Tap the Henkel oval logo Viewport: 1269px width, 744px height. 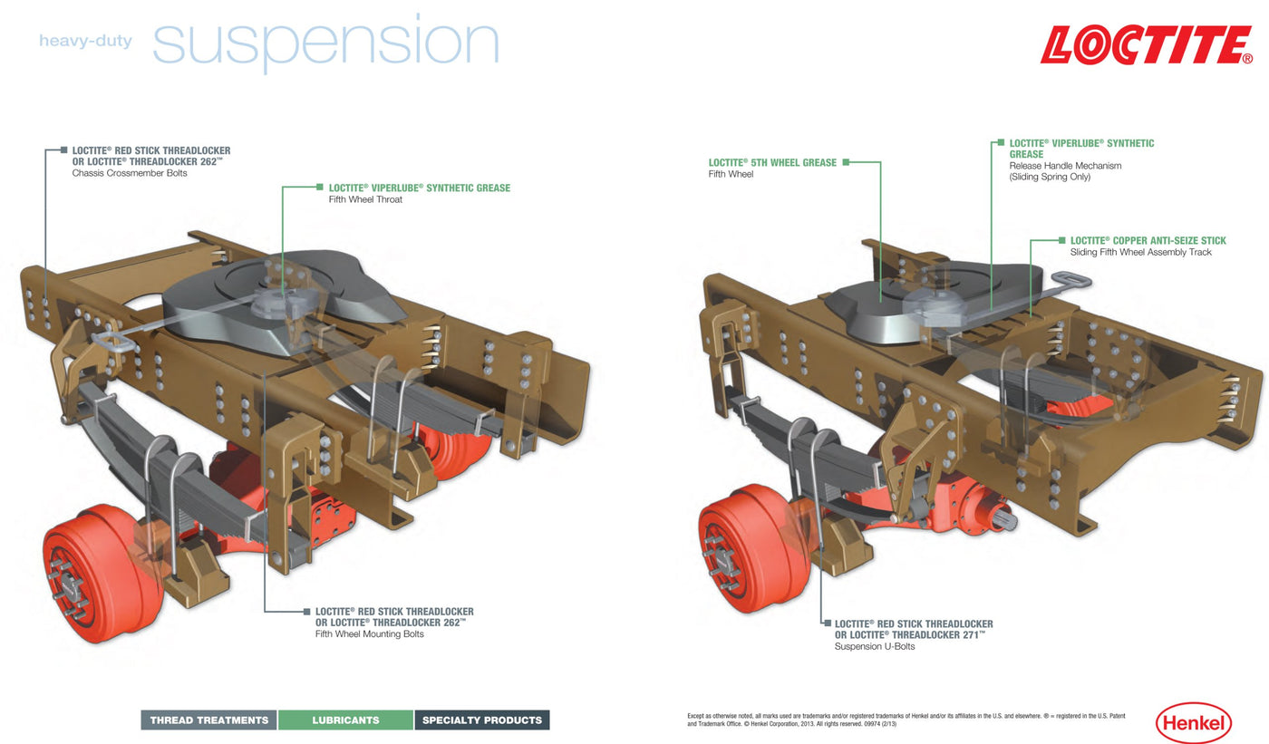click(x=1193, y=722)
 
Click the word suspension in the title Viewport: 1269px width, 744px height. click(x=326, y=43)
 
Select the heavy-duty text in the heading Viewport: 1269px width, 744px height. click(x=85, y=41)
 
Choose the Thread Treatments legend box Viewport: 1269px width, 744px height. click(x=209, y=720)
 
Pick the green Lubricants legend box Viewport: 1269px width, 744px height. click(x=345, y=720)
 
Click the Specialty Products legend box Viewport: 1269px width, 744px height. click(x=482, y=720)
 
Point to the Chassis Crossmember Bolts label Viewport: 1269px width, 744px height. click(x=130, y=173)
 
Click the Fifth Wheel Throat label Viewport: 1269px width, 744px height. click(x=365, y=199)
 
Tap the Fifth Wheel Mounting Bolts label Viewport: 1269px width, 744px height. click(x=369, y=634)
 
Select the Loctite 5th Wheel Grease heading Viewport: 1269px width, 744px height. click(x=772, y=163)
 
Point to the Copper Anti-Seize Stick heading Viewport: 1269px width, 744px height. click(x=1148, y=241)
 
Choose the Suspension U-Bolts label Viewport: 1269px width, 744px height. click(x=875, y=647)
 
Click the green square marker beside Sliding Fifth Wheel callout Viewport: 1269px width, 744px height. click(x=1061, y=241)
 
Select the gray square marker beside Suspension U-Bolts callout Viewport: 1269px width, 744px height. click(x=827, y=623)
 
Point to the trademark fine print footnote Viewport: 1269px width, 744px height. click(x=906, y=720)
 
